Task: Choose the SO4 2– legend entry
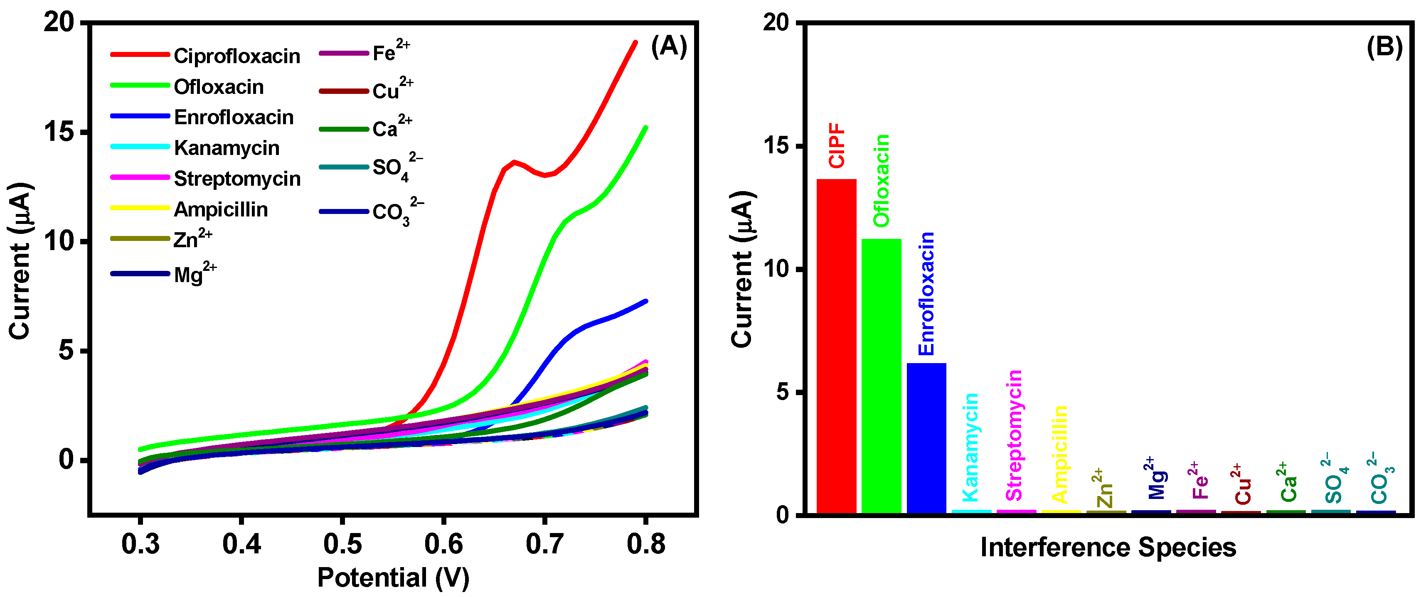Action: pyautogui.click(x=396, y=167)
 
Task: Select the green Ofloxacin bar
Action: pyautogui.click(x=881, y=376)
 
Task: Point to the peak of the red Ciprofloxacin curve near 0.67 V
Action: pyautogui.click(x=514, y=162)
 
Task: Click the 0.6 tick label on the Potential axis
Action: pyautogui.click(x=443, y=544)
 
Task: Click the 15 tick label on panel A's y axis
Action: pyautogui.click(x=59, y=132)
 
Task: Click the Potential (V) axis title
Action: pyautogui.click(x=393, y=577)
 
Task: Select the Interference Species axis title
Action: pyautogui.click(x=1108, y=548)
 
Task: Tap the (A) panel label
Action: pyautogui.click(x=669, y=47)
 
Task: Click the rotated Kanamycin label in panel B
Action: pyautogui.click(x=971, y=447)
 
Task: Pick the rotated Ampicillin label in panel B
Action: pyautogui.click(x=1059, y=454)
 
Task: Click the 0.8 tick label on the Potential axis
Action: pyautogui.click(x=645, y=544)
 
